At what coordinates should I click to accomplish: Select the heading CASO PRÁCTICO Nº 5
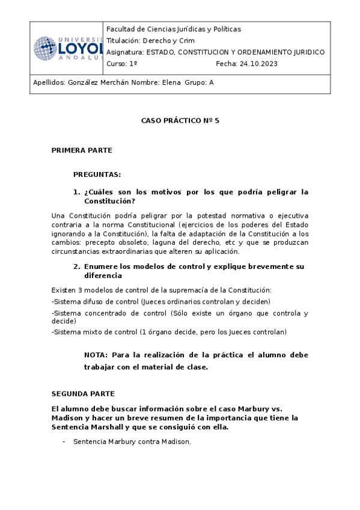tap(180, 120)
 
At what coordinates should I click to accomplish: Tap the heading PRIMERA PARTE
tap(82, 150)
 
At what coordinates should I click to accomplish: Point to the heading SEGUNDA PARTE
tap(83, 394)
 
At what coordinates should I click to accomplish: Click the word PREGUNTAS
tap(97, 174)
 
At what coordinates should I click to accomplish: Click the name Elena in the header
tap(171, 84)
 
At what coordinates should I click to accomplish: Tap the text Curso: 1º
tap(122, 63)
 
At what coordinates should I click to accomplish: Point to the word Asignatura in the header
tap(124, 52)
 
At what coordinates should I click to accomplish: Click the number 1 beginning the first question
tap(76, 192)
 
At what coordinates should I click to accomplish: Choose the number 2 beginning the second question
tap(76, 266)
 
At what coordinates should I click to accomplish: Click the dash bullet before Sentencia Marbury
tap(64, 442)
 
